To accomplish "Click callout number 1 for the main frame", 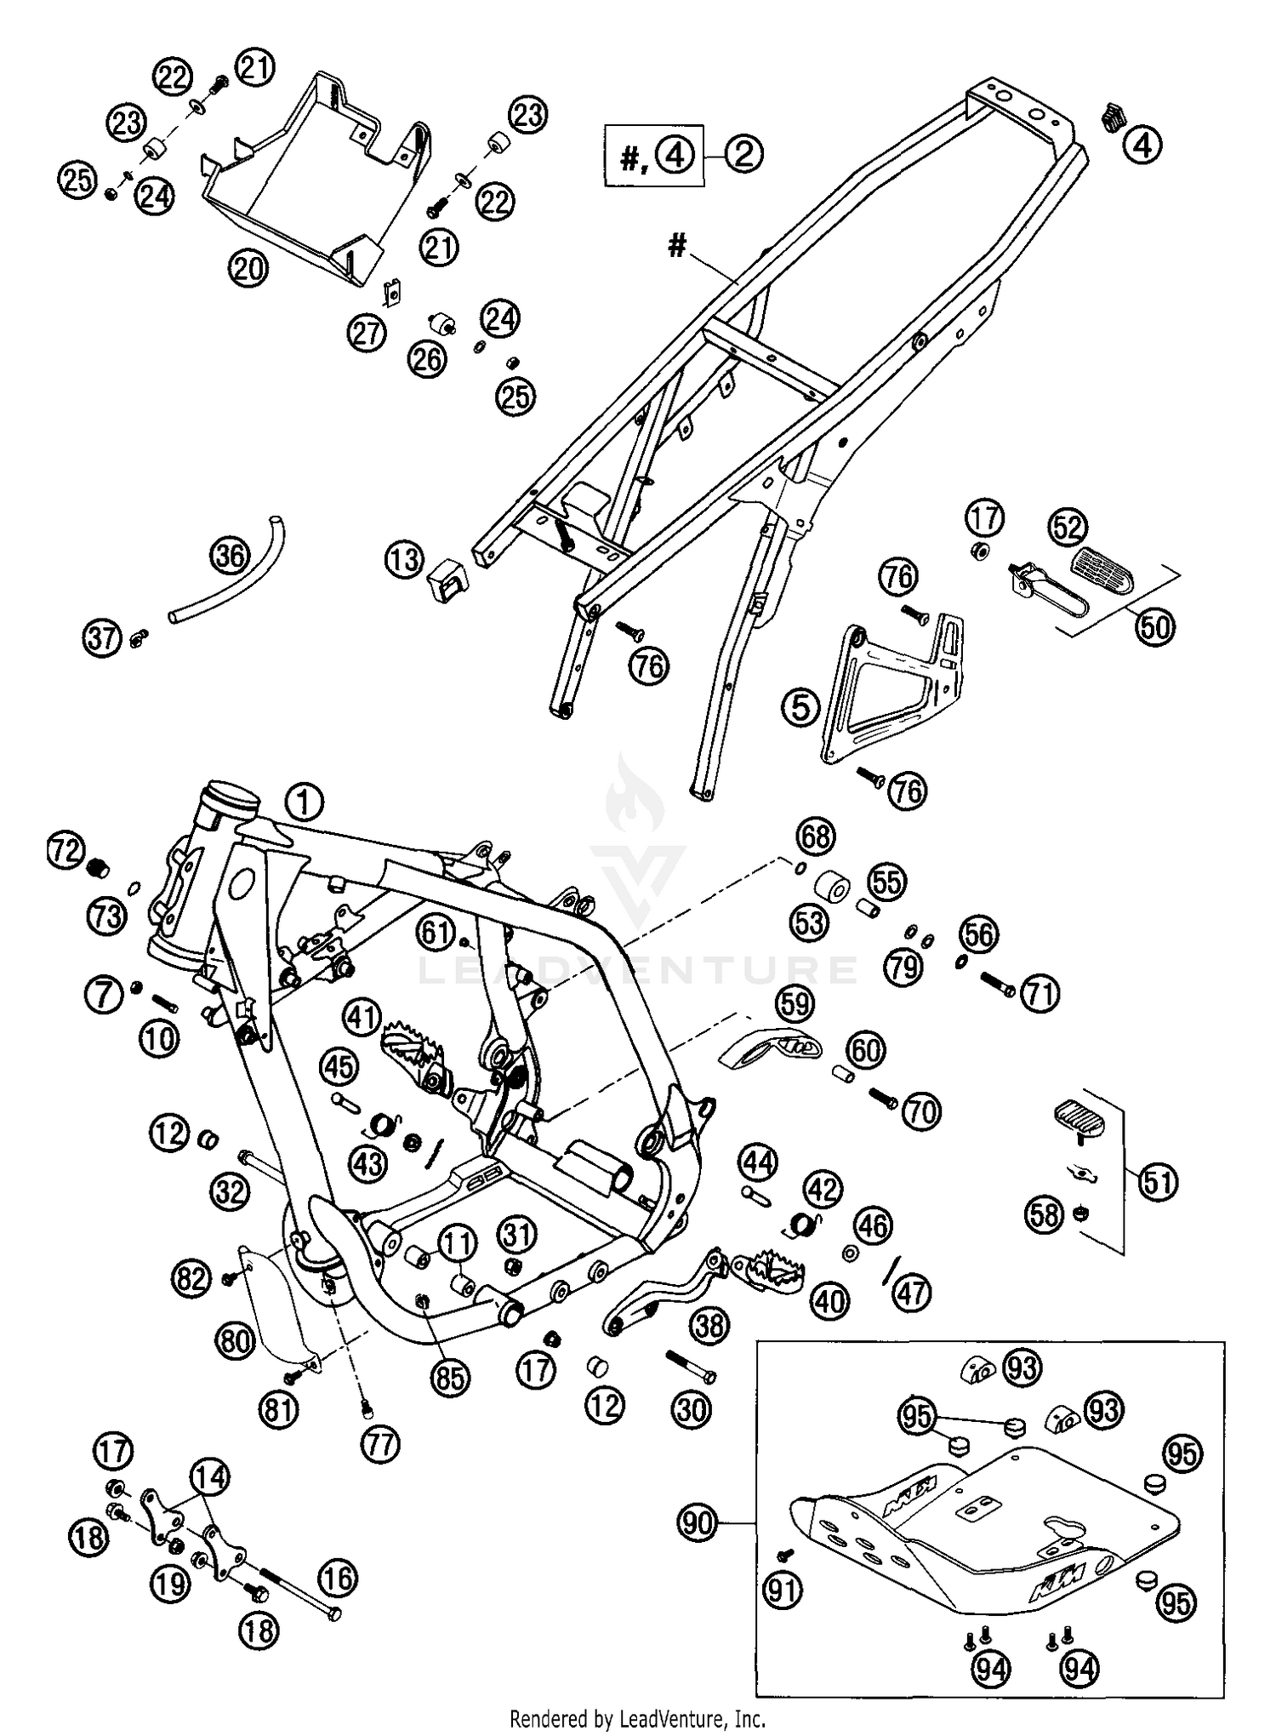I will (x=304, y=802).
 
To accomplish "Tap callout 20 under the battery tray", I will (x=248, y=269).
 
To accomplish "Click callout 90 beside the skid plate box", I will (x=698, y=1522).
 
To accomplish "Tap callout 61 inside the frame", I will (x=437, y=933).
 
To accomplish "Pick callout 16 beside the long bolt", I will (x=338, y=1579).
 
